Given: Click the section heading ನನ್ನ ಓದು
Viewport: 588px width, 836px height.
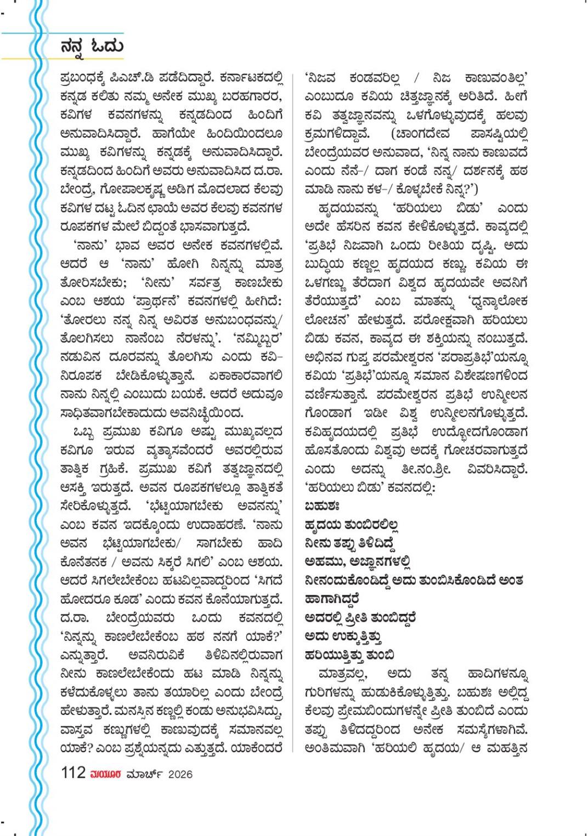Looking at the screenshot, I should click(x=92, y=46).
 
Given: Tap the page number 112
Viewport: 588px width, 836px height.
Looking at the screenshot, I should click(x=73, y=773).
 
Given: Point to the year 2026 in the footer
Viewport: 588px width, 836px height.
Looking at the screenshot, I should click(x=180, y=774).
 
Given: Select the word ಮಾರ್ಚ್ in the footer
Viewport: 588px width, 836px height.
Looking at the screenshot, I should click(x=143, y=774).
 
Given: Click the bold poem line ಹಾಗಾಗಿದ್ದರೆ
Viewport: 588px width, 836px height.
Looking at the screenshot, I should click(x=331, y=599).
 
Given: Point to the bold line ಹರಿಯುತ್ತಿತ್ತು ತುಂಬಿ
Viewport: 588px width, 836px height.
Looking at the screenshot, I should click(x=350, y=655).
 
